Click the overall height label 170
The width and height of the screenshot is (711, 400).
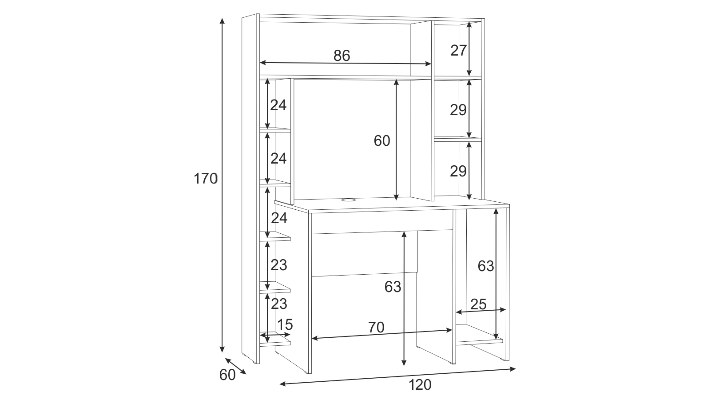coord(206,179)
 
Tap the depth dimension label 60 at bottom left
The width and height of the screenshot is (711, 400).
coord(227,375)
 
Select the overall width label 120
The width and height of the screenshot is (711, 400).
coord(420,385)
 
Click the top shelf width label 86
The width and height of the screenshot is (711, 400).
coord(342,56)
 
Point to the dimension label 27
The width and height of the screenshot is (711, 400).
coord(458,51)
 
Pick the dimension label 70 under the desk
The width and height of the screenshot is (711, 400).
coord(376,328)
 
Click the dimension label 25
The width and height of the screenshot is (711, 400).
coord(478,304)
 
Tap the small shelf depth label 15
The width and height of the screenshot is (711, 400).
coord(285,325)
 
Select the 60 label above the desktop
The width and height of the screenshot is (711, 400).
coord(382,141)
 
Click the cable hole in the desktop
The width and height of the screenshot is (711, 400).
coord(349,200)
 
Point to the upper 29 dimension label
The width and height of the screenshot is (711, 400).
coord(458,110)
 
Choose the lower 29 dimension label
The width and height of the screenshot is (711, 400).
coord(458,172)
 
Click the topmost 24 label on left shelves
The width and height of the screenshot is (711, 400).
coord(278,105)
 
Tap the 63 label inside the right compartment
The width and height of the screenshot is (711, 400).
coord(486,266)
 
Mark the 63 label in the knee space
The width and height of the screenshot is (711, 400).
coord(393,287)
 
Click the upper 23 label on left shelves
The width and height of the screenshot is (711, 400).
coord(279,265)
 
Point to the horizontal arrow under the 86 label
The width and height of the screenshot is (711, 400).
coord(346,64)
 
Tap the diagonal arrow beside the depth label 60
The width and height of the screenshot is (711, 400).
coord(235,366)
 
